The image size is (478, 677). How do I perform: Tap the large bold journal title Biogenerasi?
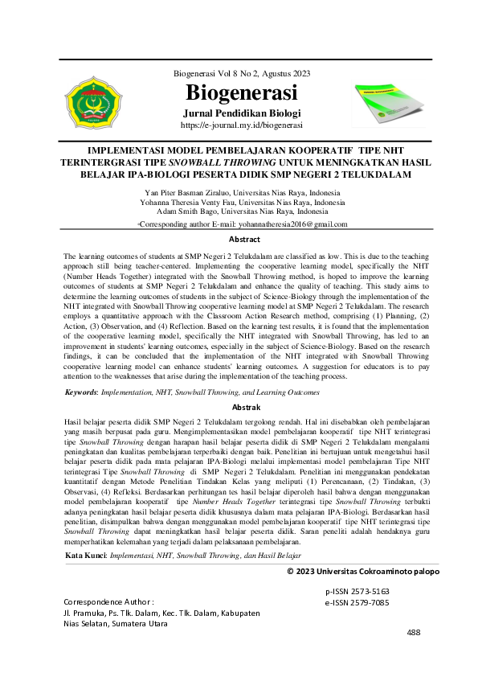tap(241, 92)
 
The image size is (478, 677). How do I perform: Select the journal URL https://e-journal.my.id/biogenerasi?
tap(241, 125)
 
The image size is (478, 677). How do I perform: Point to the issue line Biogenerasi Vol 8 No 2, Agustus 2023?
tap(241, 74)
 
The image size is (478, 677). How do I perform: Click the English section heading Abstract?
tap(244, 240)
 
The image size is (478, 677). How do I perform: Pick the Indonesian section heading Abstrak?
tap(244, 408)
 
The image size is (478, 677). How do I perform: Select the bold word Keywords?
tap(84, 392)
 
